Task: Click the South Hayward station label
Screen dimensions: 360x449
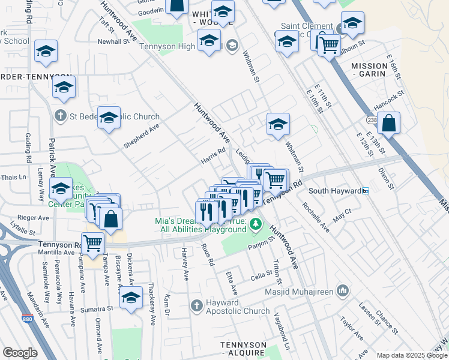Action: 334,191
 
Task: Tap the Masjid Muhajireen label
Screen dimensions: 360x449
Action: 300,291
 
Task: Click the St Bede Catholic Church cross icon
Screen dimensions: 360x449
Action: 61,114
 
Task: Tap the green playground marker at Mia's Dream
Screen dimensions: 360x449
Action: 256,224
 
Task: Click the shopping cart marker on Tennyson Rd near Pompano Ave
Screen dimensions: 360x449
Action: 94,242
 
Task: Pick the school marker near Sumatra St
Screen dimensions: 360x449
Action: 131,298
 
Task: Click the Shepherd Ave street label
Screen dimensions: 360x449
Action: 142,136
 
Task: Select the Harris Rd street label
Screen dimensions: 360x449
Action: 213,159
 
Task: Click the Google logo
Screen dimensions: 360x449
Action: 20,353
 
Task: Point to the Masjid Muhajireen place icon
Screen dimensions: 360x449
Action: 342,291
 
